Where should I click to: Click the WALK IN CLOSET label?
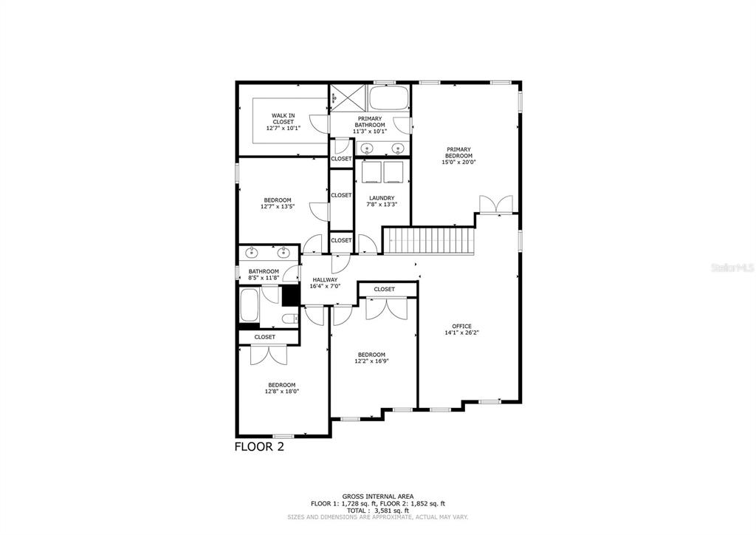point(283,116)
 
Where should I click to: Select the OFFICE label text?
point(462,326)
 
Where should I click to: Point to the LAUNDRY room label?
point(382,198)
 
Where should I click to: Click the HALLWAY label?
point(324,279)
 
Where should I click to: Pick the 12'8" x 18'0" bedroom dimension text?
point(282,392)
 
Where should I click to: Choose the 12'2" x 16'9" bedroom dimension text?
point(371,361)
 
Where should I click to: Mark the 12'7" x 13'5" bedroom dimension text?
point(278,207)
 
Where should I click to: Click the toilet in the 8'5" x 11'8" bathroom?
point(289,318)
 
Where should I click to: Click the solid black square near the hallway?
point(290,295)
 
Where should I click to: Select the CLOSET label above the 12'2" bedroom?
point(384,289)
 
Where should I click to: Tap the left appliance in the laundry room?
point(371,171)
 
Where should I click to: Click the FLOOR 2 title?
point(258,446)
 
